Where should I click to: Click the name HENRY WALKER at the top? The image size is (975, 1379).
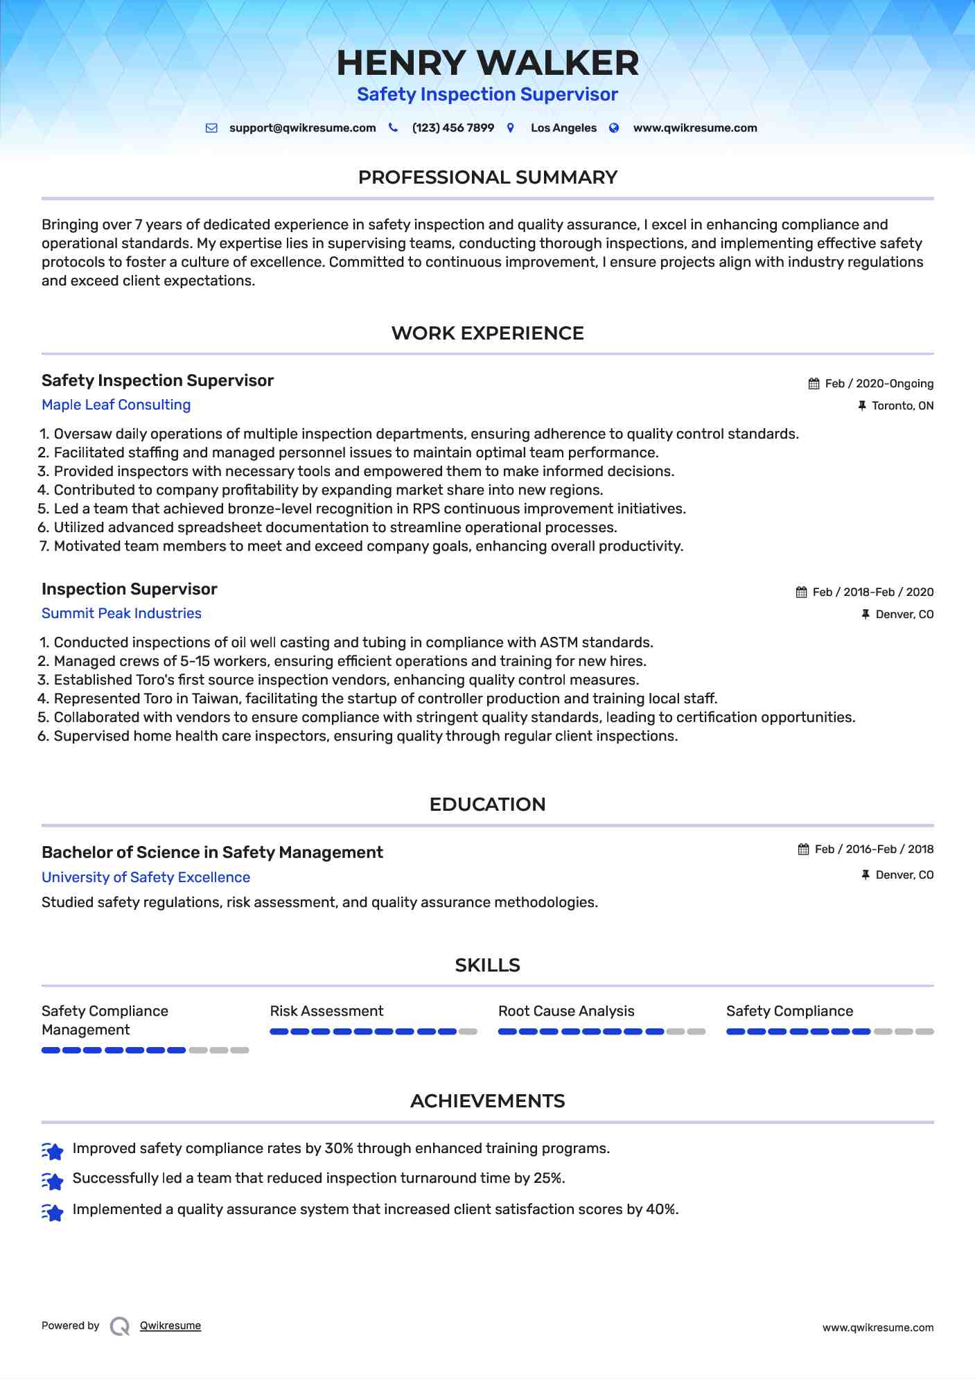[x=487, y=63]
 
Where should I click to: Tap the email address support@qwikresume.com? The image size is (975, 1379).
[x=302, y=128]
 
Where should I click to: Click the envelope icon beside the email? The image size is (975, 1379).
[x=211, y=128]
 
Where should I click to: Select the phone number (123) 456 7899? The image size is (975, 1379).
[x=453, y=128]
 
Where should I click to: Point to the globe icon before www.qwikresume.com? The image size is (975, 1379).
[x=614, y=128]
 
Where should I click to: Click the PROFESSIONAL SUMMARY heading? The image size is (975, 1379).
[x=487, y=177]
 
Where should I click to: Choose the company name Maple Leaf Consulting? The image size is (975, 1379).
[x=116, y=405]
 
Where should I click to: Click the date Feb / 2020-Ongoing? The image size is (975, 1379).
[x=879, y=384]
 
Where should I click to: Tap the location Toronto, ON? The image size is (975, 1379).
[x=902, y=406]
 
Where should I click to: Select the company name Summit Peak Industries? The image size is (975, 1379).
[x=121, y=613]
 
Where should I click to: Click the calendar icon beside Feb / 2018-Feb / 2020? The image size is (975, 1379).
[x=801, y=592]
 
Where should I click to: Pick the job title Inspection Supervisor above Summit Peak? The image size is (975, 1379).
[x=130, y=589]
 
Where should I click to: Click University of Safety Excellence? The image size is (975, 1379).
[x=146, y=877]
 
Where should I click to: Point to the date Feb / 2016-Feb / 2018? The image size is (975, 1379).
[x=874, y=850]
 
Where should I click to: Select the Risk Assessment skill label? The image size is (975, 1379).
[x=326, y=1011]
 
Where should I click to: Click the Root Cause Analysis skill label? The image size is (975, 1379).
[x=566, y=1011]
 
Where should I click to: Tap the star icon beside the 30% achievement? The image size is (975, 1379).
[x=53, y=1151]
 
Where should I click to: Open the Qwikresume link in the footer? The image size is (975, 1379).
[x=170, y=1326]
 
